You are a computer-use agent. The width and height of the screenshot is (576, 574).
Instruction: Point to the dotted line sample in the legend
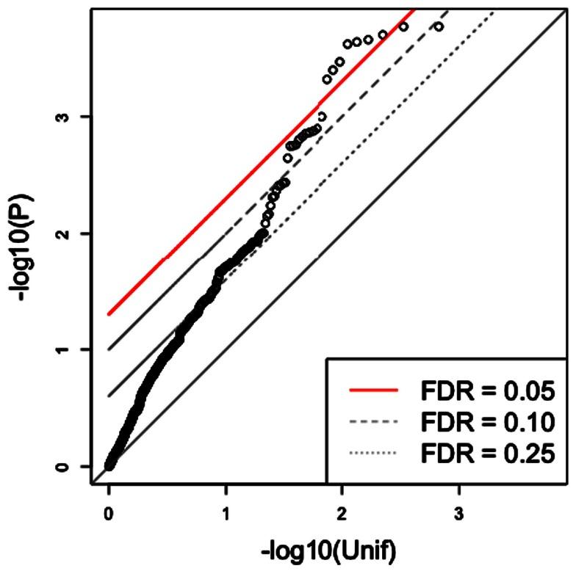point(371,455)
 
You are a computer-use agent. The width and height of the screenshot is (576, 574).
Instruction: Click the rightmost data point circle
point(439,27)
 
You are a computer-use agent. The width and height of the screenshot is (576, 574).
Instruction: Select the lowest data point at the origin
point(109,465)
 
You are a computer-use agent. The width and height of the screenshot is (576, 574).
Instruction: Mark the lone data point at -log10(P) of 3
point(321,116)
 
